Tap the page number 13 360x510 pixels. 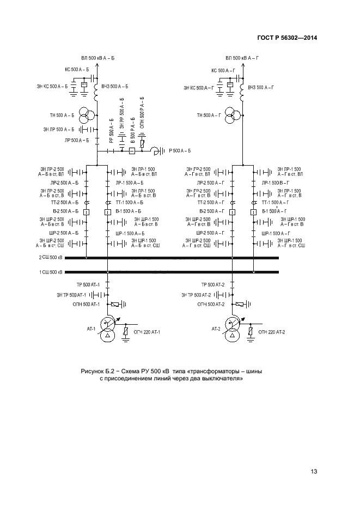[314, 471]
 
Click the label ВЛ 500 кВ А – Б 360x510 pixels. [98, 57]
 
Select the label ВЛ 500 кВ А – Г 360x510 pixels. [243, 57]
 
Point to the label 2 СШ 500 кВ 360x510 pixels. [51, 258]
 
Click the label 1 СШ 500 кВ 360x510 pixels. [51, 272]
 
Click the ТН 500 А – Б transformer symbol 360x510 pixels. [84, 115]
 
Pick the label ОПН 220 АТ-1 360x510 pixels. [148, 332]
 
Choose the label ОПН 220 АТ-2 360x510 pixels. [272, 332]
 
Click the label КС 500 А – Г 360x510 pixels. [223, 70]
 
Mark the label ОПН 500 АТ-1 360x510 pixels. [87, 305]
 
